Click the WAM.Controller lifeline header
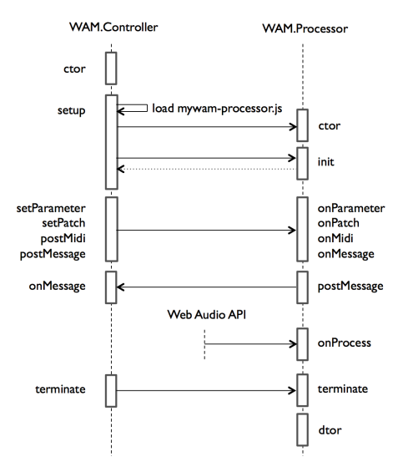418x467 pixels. [112, 29]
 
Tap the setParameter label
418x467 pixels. [53, 209]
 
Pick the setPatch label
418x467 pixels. [64, 223]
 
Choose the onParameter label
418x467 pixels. [350, 209]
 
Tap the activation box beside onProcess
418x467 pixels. [302, 343]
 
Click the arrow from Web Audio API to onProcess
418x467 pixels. [250, 343]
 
